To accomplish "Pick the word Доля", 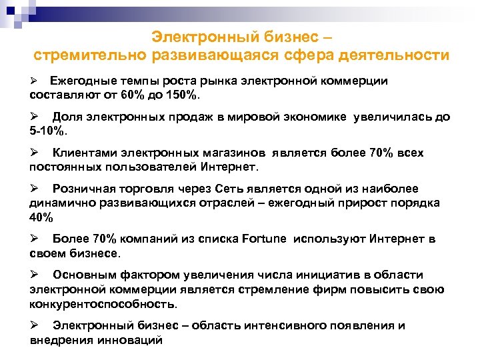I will point(68,117).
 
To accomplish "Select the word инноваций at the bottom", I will point(131,339).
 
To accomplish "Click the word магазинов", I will point(233,153).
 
